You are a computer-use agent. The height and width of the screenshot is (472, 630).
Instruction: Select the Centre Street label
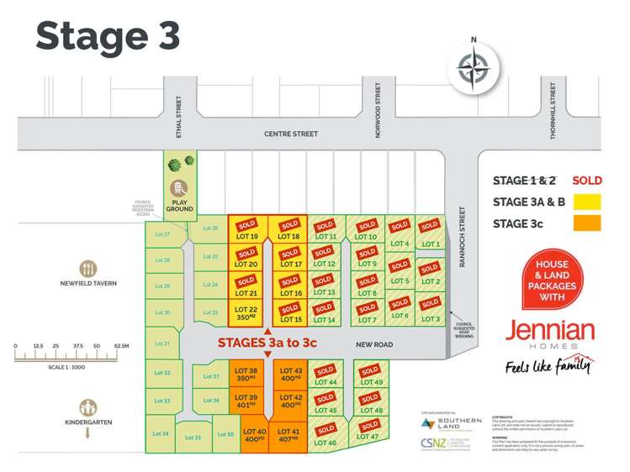pyautogui.click(x=291, y=134)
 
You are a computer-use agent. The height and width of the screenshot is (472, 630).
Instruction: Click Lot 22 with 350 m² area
pyautogui.click(x=247, y=313)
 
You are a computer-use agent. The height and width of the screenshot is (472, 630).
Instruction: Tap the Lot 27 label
pyautogui.click(x=161, y=234)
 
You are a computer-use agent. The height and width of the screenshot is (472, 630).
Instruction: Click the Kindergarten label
pyautogui.click(x=88, y=422)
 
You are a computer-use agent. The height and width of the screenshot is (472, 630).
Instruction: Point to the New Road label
pyautogui.click(x=374, y=344)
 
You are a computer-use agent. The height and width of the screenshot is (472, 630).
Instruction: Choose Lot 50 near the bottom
pyautogui.click(x=225, y=434)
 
